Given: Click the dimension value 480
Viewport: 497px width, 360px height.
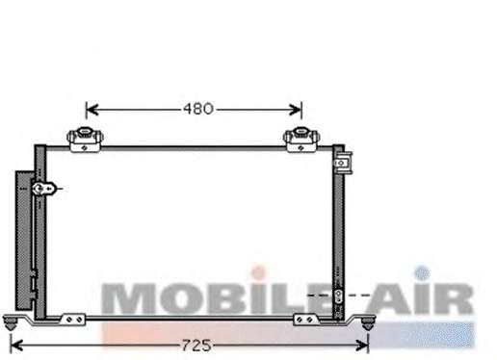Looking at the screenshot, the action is (x=197, y=109).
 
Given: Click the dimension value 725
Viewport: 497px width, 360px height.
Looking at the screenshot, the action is (x=196, y=346).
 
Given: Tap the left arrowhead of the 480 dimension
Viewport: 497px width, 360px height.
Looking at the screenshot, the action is (x=92, y=110).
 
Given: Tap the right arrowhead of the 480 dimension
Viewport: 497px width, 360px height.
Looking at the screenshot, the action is (x=296, y=110).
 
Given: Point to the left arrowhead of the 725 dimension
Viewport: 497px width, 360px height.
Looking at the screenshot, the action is (x=16, y=346).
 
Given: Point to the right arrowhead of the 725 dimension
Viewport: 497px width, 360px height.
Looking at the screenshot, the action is (x=362, y=346).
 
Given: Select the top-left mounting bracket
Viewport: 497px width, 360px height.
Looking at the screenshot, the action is (x=85, y=140).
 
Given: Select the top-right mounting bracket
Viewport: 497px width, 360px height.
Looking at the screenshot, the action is (x=301, y=140).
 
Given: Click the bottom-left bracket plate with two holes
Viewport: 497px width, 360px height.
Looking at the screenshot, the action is (x=74, y=320).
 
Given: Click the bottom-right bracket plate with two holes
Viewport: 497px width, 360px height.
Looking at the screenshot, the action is (x=305, y=320).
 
